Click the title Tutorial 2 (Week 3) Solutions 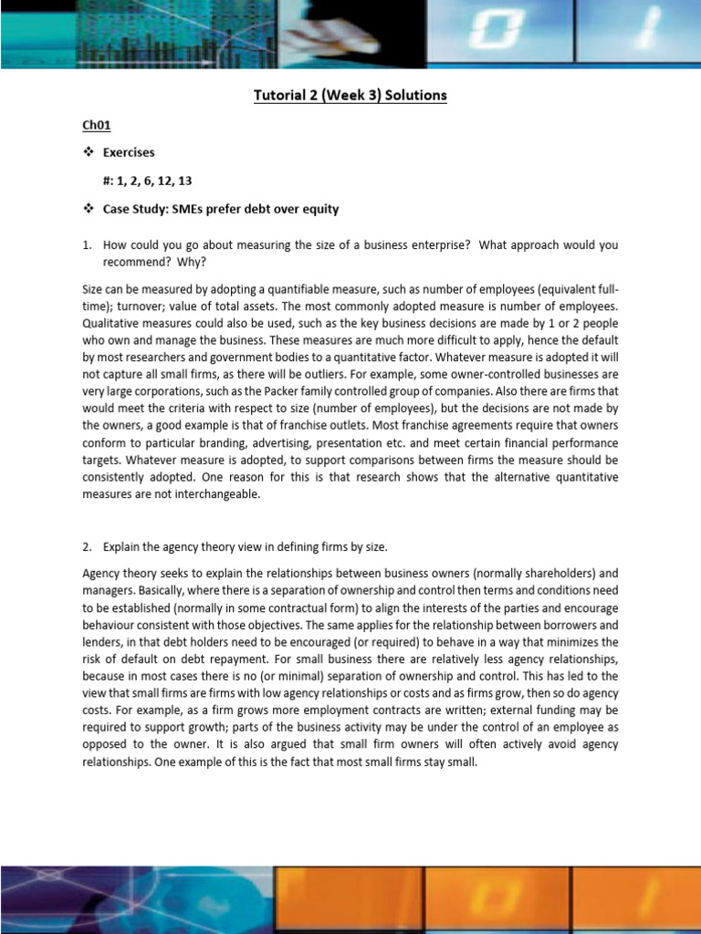pos(350,96)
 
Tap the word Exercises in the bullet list pos(128,152)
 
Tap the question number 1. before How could pos(88,245)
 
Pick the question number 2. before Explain pos(88,547)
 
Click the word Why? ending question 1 pos(193,263)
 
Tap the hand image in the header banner pos(319,35)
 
